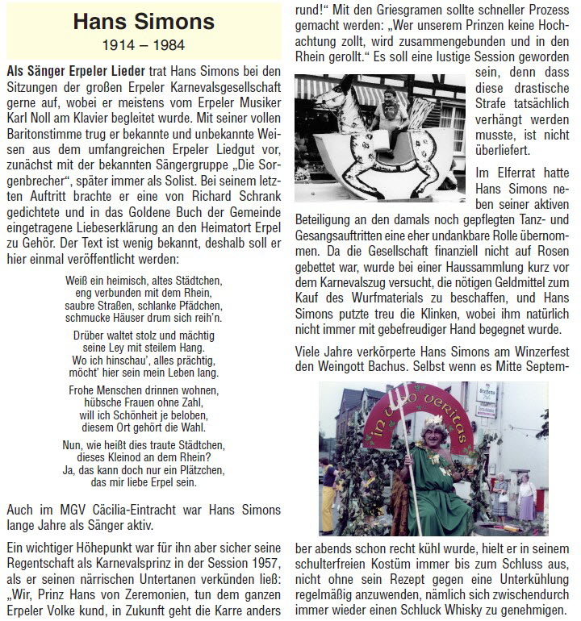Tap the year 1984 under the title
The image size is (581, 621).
coord(170,44)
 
